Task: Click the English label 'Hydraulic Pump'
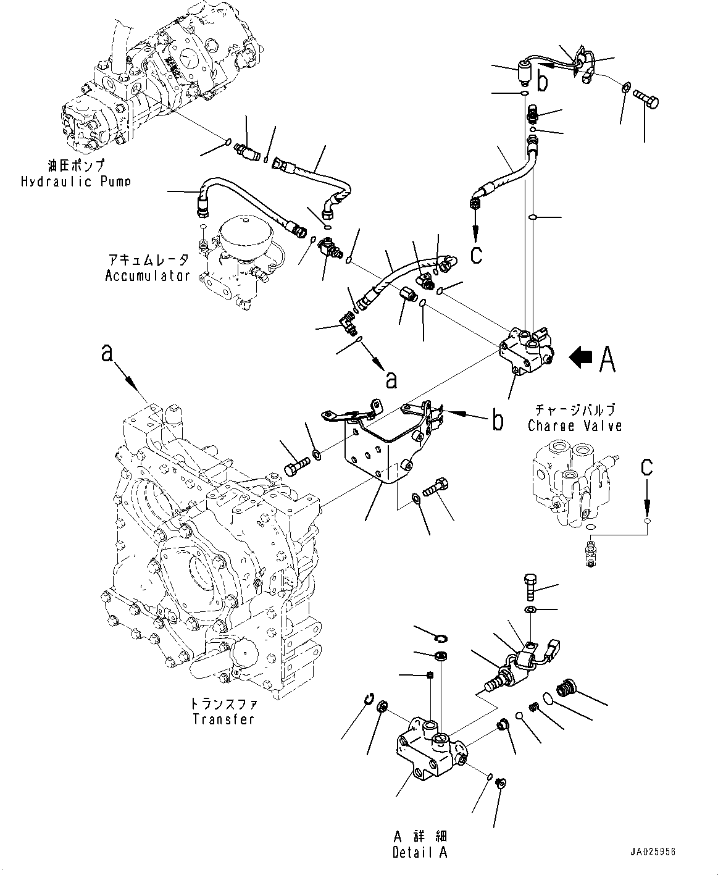[76, 182]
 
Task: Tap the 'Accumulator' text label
[148, 275]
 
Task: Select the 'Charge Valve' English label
[574, 425]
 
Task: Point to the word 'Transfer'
[223, 719]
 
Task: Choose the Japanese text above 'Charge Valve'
[574, 410]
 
